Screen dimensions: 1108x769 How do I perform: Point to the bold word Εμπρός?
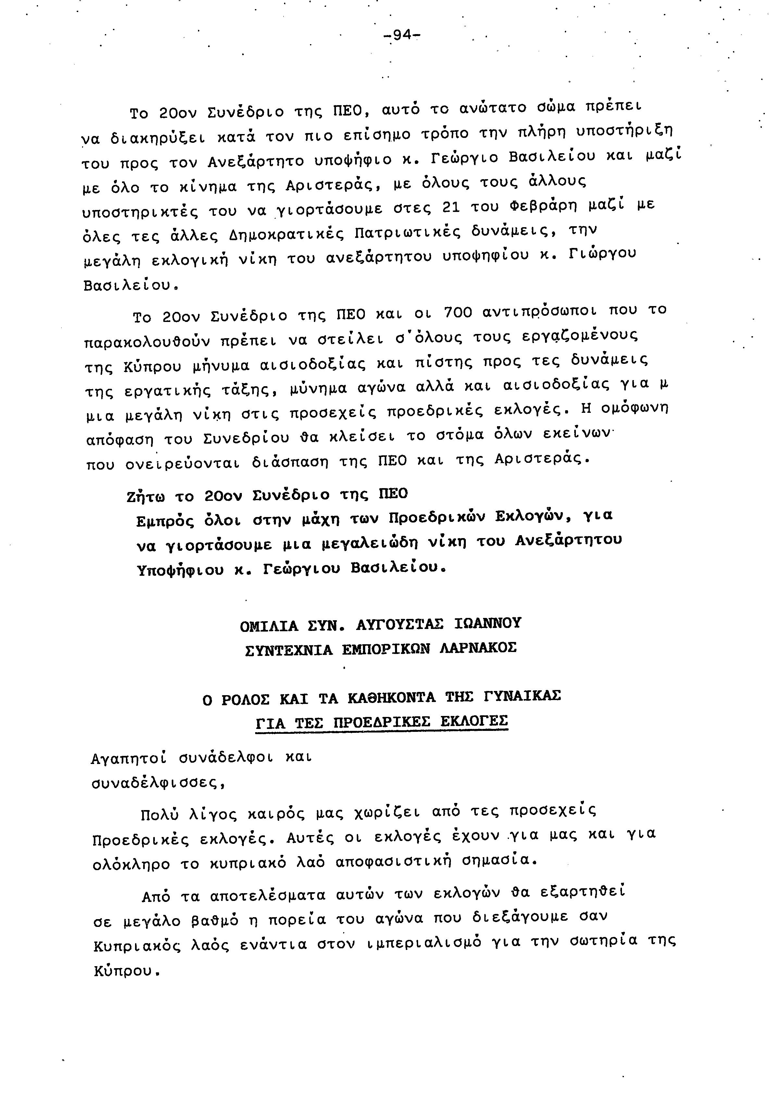coord(166,521)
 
